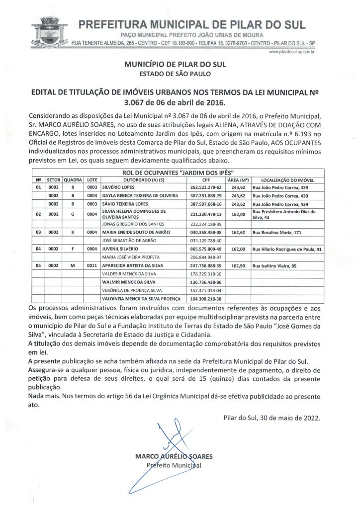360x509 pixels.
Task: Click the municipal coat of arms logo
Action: click(47, 31)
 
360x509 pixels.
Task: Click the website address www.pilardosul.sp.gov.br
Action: click(293, 52)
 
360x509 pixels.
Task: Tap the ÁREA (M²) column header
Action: click(239, 179)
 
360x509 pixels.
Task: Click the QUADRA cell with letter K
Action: click(73, 232)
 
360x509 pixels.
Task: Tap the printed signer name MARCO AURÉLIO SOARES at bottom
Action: click(174, 456)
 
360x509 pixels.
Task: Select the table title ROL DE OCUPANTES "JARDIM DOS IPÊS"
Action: click(179, 172)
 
